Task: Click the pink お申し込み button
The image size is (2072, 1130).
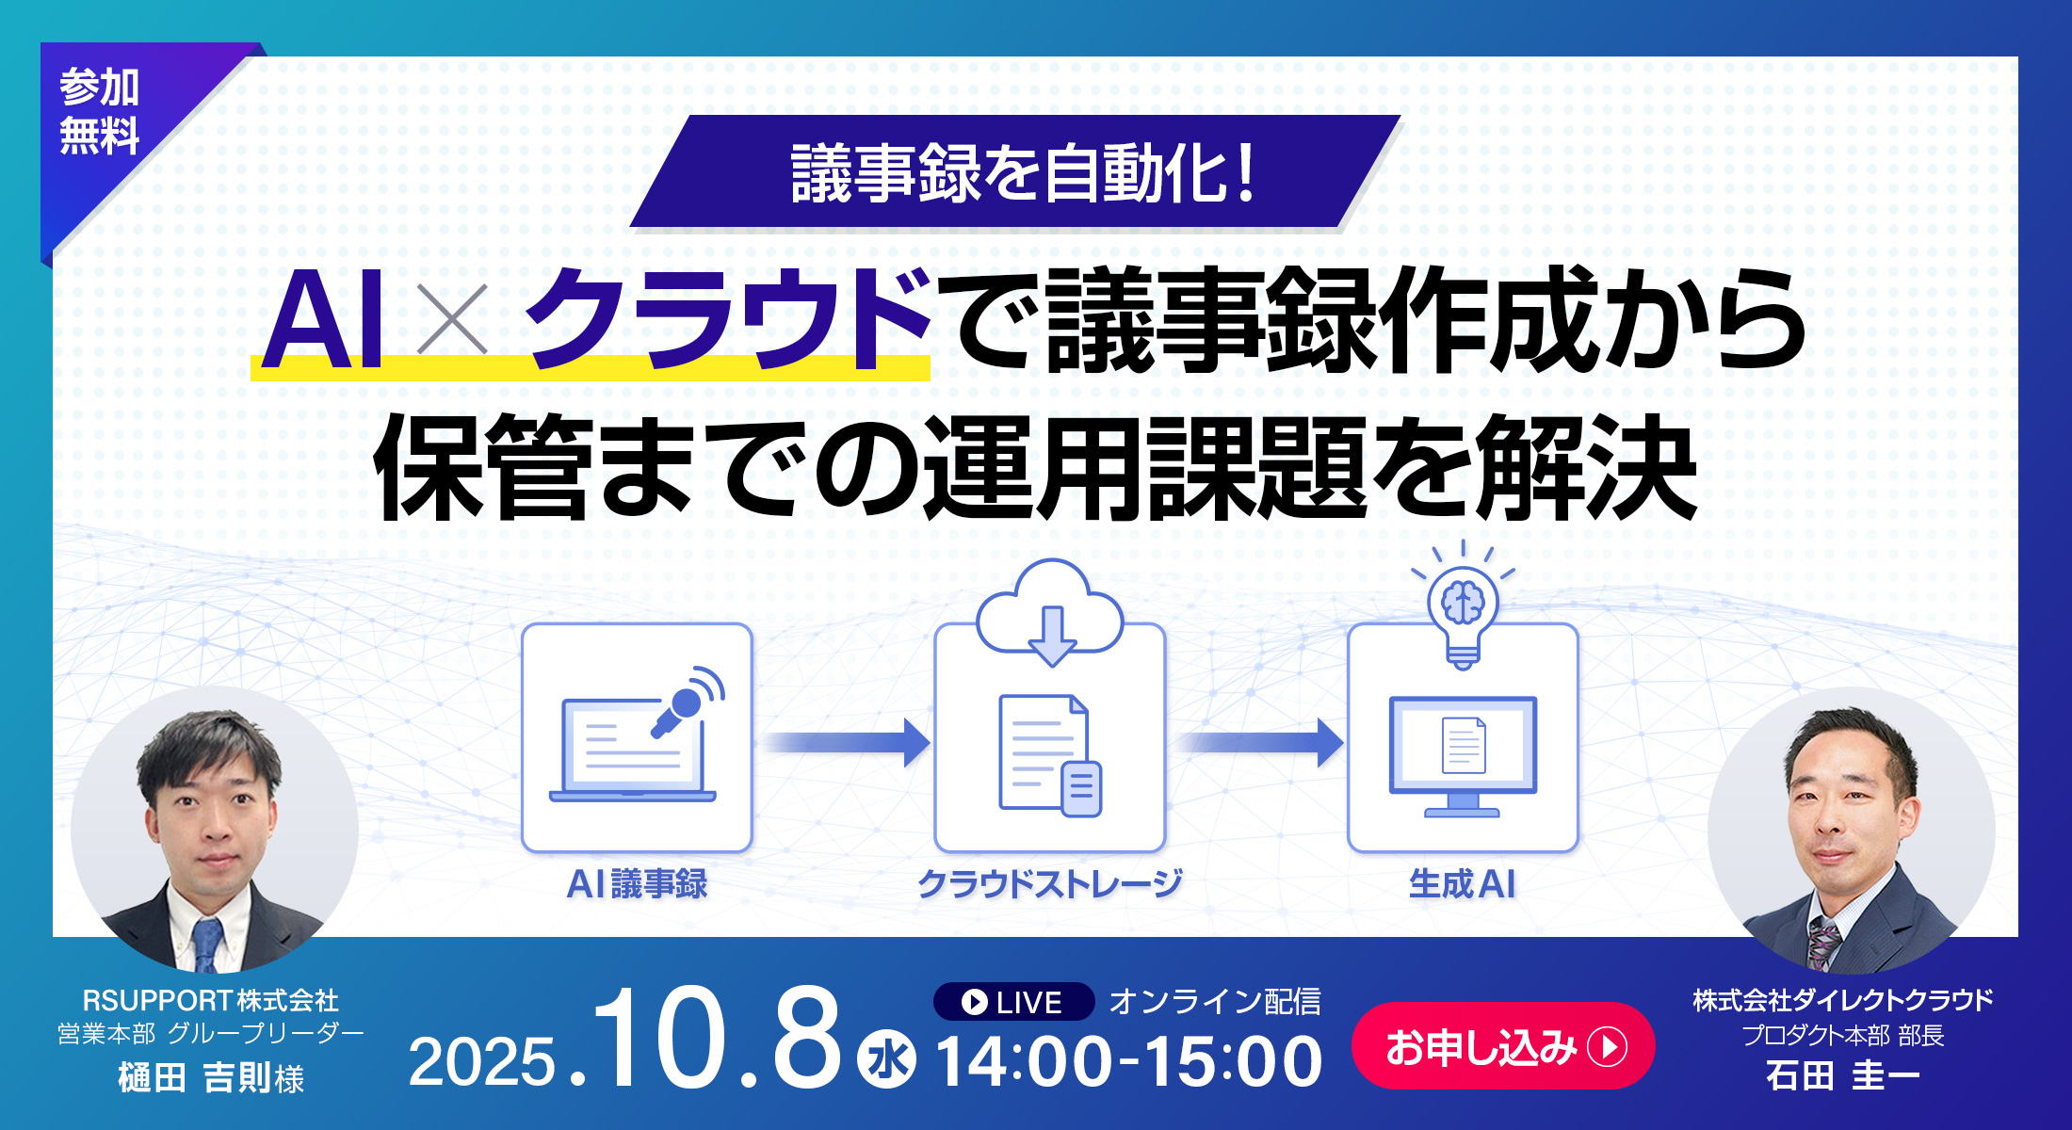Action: (x=1503, y=1046)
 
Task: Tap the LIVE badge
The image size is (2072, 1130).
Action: (x=1013, y=1002)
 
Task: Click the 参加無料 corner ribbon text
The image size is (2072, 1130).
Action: (x=100, y=111)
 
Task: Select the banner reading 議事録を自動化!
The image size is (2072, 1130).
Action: (x=1015, y=171)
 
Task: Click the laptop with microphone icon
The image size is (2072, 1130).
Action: (x=637, y=735)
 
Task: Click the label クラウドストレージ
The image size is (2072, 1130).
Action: (x=1050, y=884)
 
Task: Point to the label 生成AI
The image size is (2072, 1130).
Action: (x=1463, y=884)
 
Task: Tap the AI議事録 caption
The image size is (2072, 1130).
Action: (x=637, y=884)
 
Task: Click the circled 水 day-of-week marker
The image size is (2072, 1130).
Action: (x=886, y=1059)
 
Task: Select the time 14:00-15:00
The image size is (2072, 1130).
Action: (x=1129, y=1061)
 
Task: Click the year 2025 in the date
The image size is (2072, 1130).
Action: (x=482, y=1063)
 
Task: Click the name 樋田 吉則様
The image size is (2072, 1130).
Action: (x=211, y=1077)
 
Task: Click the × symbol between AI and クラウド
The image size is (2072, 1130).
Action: (x=452, y=318)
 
